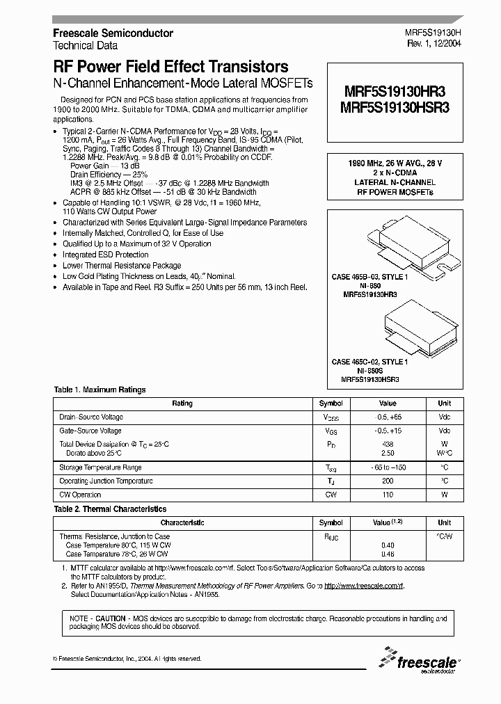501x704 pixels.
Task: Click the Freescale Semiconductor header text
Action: pyautogui.click(x=113, y=33)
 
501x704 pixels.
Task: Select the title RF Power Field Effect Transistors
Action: pyautogui.click(x=170, y=67)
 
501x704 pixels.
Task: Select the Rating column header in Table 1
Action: pyautogui.click(x=182, y=403)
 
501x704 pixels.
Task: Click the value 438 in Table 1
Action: pyautogui.click(x=388, y=444)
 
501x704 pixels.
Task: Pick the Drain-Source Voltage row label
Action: pyautogui.click(x=91, y=417)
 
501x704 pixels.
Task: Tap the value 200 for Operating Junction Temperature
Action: pyautogui.click(x=388, y=481)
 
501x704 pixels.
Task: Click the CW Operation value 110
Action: pyautogui.click(x=388, y=495)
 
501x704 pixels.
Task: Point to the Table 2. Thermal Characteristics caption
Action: pyautogui.click(x=111, y=509)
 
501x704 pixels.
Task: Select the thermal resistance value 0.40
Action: pyautogui.click(x=388, y=545)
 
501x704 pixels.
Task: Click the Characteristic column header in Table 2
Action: pyautogui.click(x=182, y=522)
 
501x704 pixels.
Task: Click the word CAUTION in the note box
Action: pyautogui.click(x=111, y=618)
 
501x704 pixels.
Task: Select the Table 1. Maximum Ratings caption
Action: pyautogui.click(x=100, y=390)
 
